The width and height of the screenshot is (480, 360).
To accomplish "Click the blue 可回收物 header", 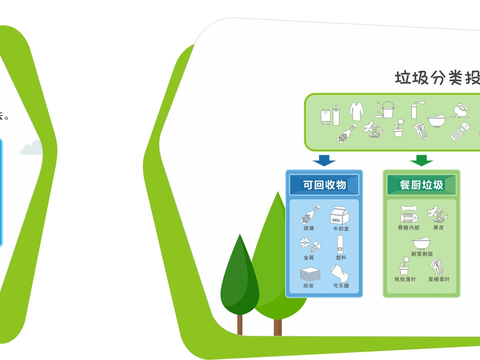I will [x=317, y=184].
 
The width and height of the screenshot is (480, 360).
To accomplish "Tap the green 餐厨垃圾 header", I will [x=422, y=184].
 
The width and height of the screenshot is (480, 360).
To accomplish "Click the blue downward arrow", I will [x=322, y=159].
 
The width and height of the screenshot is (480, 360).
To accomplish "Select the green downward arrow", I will [x=422, y=159].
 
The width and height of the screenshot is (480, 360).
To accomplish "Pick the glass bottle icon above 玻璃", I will [x=310, y=213].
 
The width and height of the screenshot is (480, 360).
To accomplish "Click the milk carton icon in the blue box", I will [x=340, y=215].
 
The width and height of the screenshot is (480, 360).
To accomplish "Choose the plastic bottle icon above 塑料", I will [x=341, y=243].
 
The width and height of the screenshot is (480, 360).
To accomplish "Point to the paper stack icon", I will [x=309, y=275].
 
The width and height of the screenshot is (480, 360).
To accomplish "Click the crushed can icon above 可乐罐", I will [x=340, y=275].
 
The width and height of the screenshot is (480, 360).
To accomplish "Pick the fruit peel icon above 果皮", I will [x=437, y=213].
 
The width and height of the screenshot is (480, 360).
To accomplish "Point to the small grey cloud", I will [x=30, y=148].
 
